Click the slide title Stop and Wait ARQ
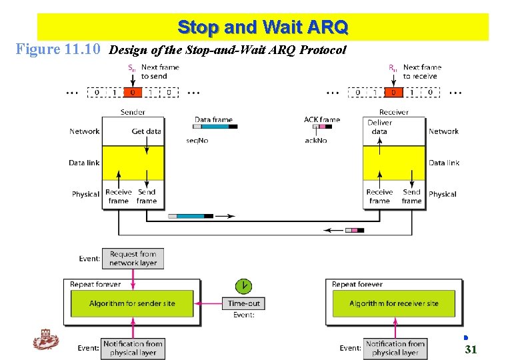point(263,27)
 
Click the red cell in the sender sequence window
point(133,92)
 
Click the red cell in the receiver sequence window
point(394,92)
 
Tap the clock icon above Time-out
point(245,286)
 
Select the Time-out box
point(244,303)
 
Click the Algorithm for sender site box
point(132,303)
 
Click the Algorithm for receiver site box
point(393,303)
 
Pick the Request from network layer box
point(133,259)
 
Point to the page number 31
point(471,349)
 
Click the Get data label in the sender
point(146,131)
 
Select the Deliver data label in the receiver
point(379,127)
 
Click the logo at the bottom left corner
point(46,341)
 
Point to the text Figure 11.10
point(58,49)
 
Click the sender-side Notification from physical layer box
point(133,348)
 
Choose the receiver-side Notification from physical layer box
point(395,348)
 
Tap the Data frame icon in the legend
point(215,125)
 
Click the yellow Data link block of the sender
point(133,163)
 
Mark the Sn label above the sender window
point(131,67)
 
